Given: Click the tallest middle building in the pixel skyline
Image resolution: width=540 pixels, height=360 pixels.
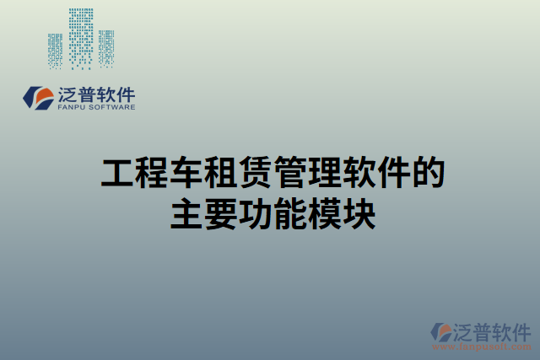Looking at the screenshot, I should coord(81,38).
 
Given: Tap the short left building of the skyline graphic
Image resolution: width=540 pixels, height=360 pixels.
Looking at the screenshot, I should coord(56,51).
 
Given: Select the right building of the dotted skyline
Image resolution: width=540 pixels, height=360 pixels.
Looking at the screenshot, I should coord(106,48).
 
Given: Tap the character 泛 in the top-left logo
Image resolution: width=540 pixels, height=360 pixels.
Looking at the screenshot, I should coord(68,94).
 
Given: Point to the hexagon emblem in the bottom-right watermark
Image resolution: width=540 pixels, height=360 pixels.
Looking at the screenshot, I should coord(442,332).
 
